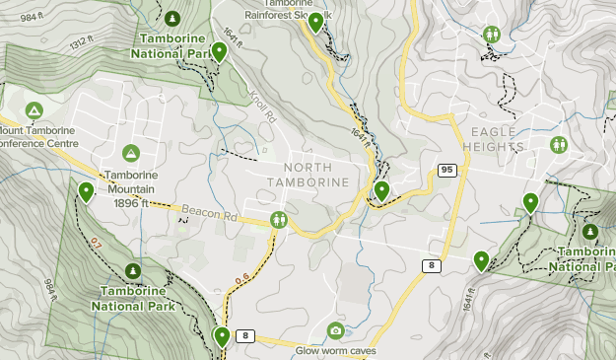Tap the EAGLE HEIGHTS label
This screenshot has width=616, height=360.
pyautogui.click(x=497, y=139)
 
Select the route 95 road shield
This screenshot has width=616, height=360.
pyautogui.click(x=447, y=171)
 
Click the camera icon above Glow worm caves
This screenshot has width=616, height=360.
pyautogui.click(x=335, y=329)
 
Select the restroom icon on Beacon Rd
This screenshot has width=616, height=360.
pyautogui.click(x=280, y=219)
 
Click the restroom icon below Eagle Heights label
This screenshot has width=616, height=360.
pyautogui.click(x=559, y=145)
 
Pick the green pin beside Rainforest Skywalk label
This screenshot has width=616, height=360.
pyautogui.click(x=315, y=22)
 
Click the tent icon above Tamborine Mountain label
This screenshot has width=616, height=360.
pyautogui.click(x=130, y=153)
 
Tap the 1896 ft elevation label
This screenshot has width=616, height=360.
pyautogui.click(x=130, y=203)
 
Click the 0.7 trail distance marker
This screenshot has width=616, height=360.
pyautogui.click(x=96, y=243)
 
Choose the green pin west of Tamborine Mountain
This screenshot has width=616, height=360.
pyautogui.click(x=87, y=191)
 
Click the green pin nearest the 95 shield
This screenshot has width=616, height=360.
pyautogui.click(x=381, y=190)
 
